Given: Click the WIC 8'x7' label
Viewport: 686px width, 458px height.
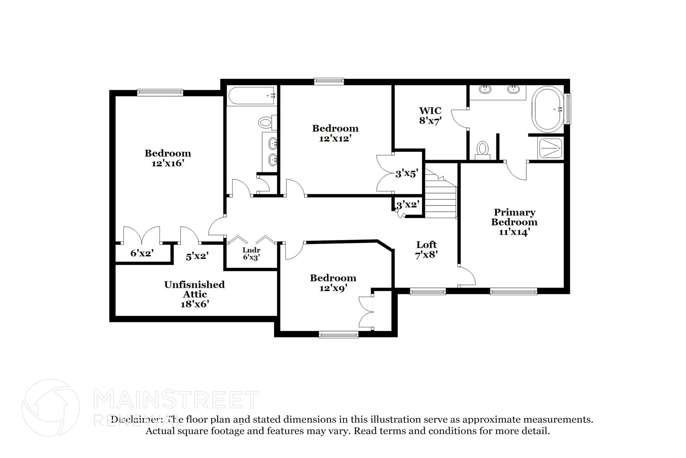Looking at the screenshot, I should pos(430,115).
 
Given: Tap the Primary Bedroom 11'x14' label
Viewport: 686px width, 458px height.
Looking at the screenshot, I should pos(514,222).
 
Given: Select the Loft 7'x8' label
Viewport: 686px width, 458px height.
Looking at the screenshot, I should pos(426,250).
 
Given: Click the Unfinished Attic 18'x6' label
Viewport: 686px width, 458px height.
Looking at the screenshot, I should pos(195,294).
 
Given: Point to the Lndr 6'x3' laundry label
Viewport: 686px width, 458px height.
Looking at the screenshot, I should pos(251,254).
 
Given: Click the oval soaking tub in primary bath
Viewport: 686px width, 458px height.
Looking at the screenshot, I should pos(548,109).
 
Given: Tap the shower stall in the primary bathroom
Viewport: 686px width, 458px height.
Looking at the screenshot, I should pos(550,148).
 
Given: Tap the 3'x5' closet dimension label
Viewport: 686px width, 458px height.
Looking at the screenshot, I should pos(407,173).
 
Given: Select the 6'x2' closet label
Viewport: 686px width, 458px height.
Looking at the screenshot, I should pos(142,253).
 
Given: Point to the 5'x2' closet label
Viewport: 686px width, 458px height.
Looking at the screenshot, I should pos(197,256).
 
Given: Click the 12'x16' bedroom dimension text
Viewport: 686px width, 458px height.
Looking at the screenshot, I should pos(168,163).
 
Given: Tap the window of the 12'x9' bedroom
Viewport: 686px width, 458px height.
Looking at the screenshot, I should pos(338,334).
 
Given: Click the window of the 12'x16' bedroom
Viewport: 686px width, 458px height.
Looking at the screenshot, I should pos(160,93).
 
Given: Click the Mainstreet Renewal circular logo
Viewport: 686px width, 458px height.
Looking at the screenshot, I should pos(51,408).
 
